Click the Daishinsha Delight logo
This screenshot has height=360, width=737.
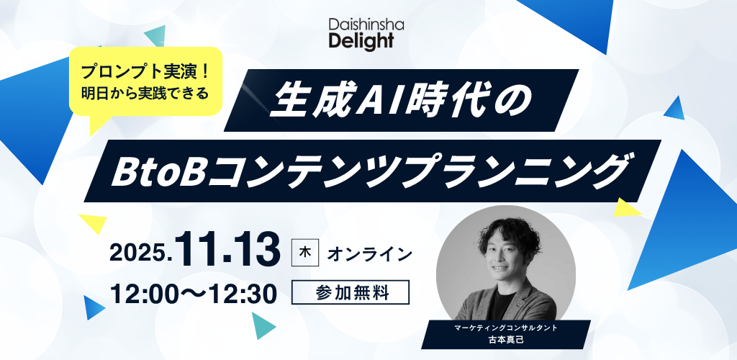pos(366,34)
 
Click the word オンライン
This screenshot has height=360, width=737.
pos(369,254)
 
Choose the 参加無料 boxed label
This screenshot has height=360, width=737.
pos(351,292)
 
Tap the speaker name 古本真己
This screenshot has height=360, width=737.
pos(506,340)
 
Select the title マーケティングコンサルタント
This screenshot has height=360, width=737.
pos(506,328)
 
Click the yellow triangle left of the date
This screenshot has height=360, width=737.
pos(94,223)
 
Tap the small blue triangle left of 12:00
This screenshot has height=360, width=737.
pos(93,307)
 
